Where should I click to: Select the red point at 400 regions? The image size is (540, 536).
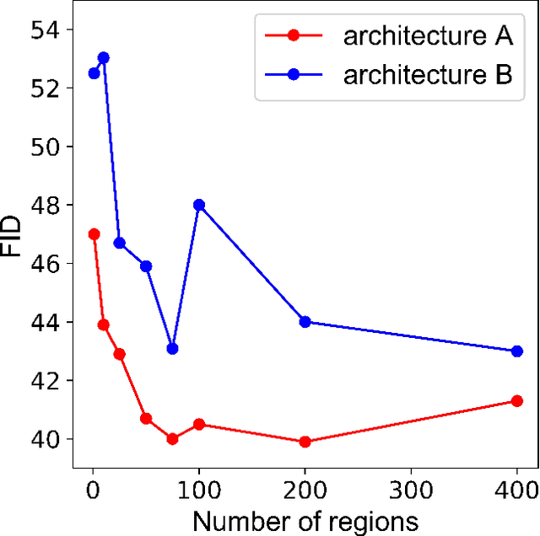[517, 401]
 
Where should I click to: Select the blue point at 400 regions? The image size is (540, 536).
[517, 351]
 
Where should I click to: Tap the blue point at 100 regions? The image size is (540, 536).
[199, 205]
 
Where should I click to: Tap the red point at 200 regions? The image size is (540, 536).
[305, 442]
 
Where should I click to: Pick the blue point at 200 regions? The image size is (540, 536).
[305, 322]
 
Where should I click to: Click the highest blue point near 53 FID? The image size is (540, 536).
[104, 58]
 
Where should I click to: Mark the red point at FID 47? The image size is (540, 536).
[94, 234]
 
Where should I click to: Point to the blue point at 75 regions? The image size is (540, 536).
[173, 348]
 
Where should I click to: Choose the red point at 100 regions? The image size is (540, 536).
[199, 424]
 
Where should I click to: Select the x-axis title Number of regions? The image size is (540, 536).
[305, 521]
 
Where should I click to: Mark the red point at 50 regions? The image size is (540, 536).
[146, 419]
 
